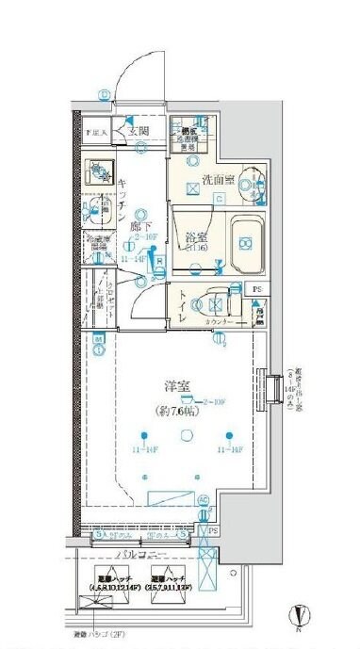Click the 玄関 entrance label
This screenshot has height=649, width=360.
point(140,131)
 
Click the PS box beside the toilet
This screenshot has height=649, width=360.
point(254,288)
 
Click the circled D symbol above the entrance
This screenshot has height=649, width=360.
point(103,93)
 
